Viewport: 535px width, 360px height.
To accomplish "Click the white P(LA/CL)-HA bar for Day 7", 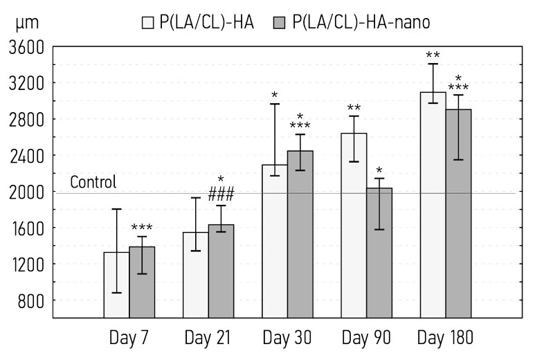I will coord(116,284).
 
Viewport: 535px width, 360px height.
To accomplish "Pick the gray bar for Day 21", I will coord(221,271).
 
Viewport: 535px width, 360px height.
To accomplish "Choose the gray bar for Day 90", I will coord(379,253).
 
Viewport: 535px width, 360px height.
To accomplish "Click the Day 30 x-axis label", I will coord(287,339).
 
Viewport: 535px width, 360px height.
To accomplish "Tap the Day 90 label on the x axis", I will coord(366,339).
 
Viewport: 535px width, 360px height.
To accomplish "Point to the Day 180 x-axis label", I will coord(445,339).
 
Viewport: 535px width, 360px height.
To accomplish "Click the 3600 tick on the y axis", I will coord(26,48).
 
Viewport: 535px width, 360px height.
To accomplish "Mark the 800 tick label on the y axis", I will coord(30,300).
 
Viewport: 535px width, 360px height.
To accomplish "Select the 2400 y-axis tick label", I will coord(26,156).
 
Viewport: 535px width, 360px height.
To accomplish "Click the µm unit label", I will coord(26,23).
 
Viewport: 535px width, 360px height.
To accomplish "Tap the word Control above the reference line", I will coord(93,183).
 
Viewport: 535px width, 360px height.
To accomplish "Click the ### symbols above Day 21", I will coord(221,195).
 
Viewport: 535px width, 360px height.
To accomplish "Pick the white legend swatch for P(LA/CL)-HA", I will coord(147,23).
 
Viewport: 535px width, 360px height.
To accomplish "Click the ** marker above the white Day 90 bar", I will coord(354,109).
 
